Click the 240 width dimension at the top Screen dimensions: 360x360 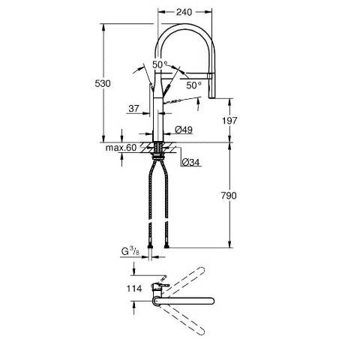(184, 12)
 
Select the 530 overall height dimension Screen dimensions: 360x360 (103, 83)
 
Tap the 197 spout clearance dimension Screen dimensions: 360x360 (229, 121)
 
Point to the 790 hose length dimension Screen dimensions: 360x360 (229, 195)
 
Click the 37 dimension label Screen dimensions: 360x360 (133, 109)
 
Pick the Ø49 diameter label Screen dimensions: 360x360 (184, 130)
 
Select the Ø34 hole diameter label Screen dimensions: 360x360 (191, 163)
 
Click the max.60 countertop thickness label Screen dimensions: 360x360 (121, 148)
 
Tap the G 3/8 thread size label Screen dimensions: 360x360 (130, 251)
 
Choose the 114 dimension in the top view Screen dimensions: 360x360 (134, 289)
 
